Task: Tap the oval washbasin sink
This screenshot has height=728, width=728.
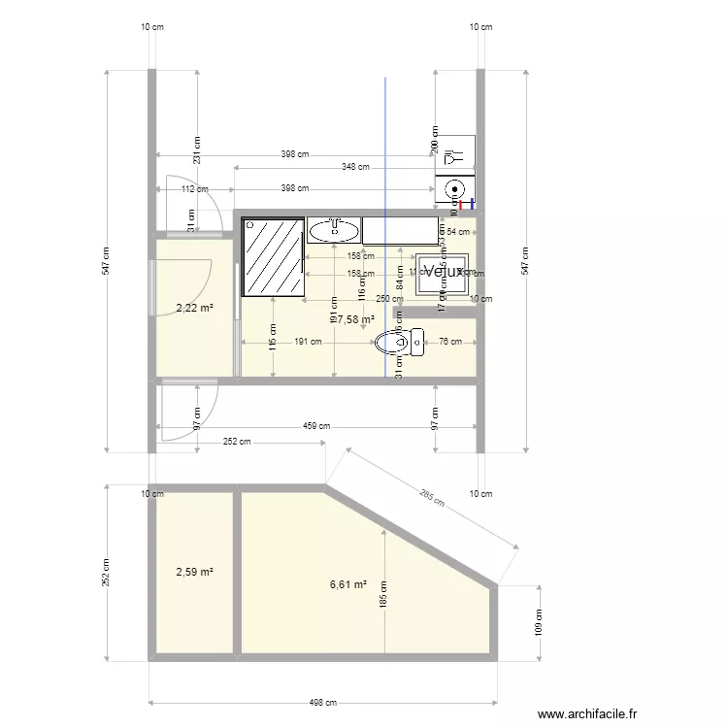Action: tap(334, 230)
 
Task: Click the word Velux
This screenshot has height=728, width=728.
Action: tap(443, 272)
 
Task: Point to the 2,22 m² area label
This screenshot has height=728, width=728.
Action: tap(194, 309)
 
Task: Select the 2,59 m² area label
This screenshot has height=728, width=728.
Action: tap(194, 573)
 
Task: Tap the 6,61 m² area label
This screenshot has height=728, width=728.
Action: tap(348, 584)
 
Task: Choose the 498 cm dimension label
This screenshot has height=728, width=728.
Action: tap(322, 704)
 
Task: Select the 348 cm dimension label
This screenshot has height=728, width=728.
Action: tap(355, 167)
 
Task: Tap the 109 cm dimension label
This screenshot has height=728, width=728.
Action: tap(540, 622)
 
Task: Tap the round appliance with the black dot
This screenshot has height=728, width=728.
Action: tap(453, 189)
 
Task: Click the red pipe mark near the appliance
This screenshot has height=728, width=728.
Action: tap(472, 204)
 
